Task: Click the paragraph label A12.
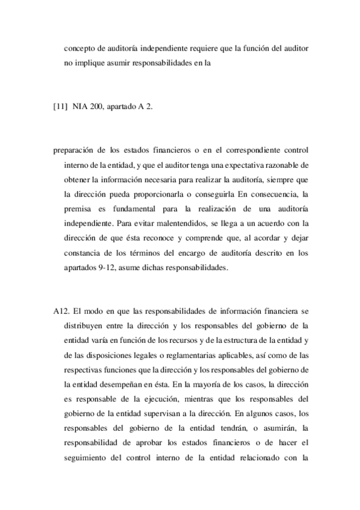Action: [x=62, y=312]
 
